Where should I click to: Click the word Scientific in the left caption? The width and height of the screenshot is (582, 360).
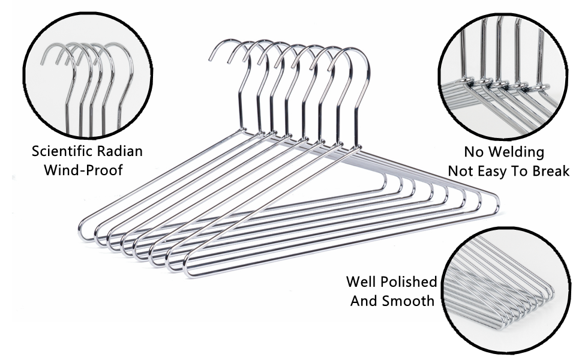click(x=62, y=151)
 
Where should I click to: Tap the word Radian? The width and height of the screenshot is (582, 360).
click(x=119, y=151)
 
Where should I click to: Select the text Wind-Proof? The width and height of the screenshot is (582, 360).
click(x=83, y=170)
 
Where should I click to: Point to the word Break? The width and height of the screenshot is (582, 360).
click(x=551, y=171)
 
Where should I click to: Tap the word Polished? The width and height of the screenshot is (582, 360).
click(x=410, y=281)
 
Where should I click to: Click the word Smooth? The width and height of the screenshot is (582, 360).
click(x=410, y=301)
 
